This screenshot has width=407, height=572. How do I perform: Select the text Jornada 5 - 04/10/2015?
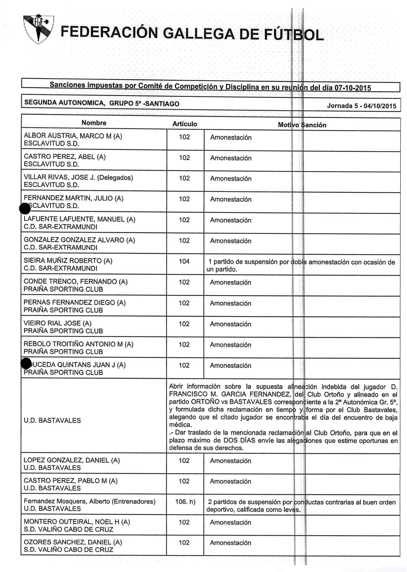(x=361, y=106)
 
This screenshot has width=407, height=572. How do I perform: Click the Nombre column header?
(x=94, y=123)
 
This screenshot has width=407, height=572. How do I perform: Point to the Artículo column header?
(x=185, y=124)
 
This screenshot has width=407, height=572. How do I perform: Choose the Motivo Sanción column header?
(x=302, y=125)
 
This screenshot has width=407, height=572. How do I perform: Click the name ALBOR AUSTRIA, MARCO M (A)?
(x=73, y=136)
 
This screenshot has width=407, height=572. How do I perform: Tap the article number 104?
(x=184, y=262)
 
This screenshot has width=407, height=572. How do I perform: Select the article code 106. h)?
(x=185, y=502)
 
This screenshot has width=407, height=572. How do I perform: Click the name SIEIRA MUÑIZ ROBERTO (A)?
(x=68, y=261)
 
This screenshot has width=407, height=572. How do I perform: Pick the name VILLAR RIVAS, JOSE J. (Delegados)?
(x=78, y=177)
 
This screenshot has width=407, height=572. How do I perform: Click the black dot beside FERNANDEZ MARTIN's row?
(x=25, y=208)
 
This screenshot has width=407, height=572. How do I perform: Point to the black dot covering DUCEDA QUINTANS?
(x=26, y=363)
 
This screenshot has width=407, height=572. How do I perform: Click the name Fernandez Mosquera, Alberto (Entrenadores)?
(x=90, y=501)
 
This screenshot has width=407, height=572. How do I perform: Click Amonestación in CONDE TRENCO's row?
(x=231, y=282)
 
